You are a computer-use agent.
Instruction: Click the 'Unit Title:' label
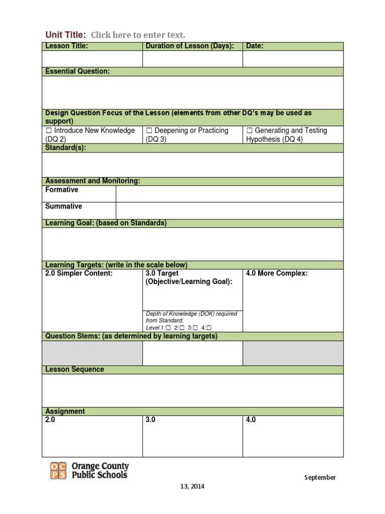66,35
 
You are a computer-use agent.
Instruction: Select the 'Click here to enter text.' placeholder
138,35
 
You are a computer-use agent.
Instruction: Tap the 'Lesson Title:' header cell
67,46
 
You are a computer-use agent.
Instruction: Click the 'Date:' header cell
255,46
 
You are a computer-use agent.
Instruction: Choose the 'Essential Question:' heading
78,71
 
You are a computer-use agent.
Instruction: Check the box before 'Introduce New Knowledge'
49,131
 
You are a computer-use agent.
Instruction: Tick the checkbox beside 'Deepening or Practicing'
149,131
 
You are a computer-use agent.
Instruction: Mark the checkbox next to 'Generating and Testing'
249,131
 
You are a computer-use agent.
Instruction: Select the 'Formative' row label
62,190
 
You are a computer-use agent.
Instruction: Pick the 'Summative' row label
64,206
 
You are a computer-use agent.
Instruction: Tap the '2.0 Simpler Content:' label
79,273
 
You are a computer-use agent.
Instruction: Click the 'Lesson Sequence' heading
75,369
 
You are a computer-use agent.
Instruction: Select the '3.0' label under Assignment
150,420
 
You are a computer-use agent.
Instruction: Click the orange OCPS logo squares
58,470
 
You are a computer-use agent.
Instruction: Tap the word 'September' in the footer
320,477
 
